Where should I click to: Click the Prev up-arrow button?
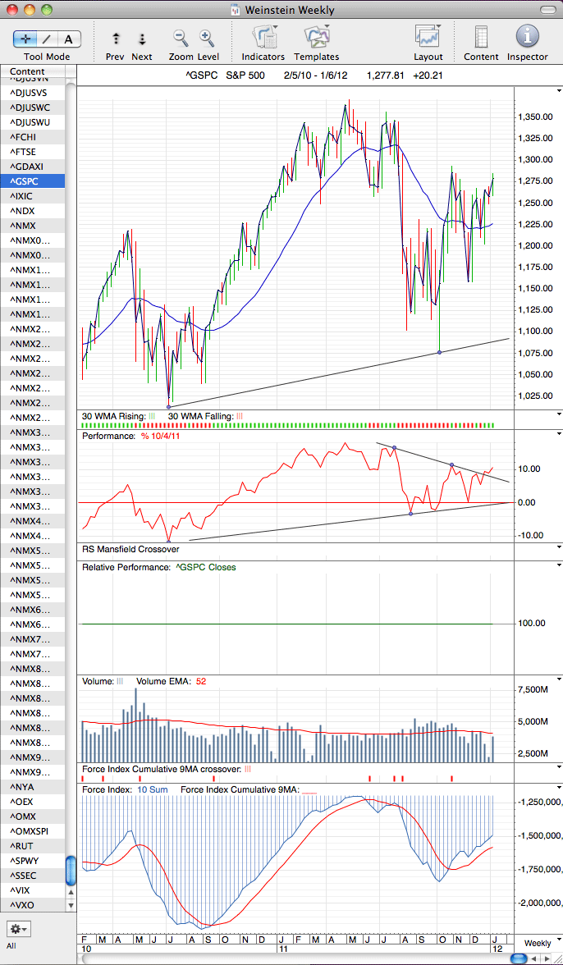click(x=116, y=39)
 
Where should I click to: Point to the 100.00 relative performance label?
click(x=530, y=623)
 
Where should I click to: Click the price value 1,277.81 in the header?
click(x=385, y=76)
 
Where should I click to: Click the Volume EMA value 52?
click(x=200, y=681)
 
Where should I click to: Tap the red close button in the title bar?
click(x=12, y=10)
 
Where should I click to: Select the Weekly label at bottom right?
click(x=538, y=943)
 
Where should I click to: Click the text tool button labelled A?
click(x=69, y=40)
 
